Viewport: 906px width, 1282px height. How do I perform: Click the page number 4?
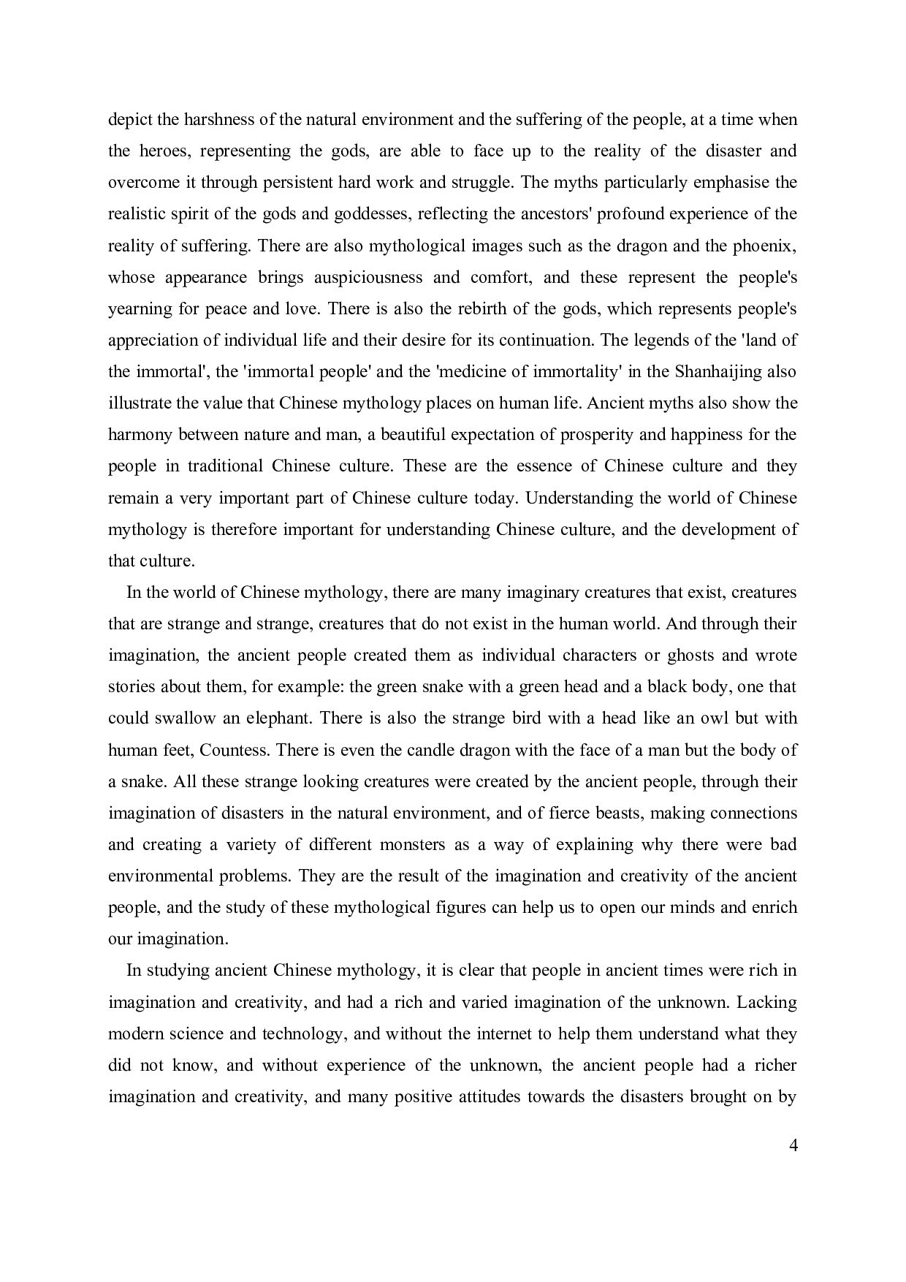(793, 1145)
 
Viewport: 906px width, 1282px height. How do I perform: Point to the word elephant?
(281, 718)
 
